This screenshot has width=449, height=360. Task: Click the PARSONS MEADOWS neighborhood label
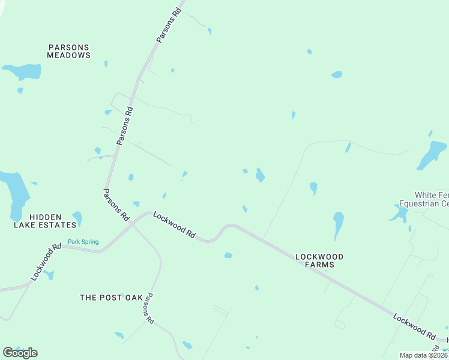coord(69,51)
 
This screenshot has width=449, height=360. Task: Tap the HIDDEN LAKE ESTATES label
coord(45,221)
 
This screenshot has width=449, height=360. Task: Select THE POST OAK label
coord(112,298)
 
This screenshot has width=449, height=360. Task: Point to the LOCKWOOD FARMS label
coord(319,260)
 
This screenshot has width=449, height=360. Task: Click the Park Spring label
coord(83,242)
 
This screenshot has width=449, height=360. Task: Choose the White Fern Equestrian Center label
coord(432,199)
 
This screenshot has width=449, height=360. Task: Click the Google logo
coord(20,353)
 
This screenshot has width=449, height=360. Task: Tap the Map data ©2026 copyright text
coord(424,355)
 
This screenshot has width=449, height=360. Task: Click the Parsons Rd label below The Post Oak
coord(149,308)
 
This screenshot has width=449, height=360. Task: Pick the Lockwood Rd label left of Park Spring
coord(46,262)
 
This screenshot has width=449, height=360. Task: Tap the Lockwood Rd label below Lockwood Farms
coord(414,325)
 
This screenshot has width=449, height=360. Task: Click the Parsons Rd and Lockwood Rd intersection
coord(130,223)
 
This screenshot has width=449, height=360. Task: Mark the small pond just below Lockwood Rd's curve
coord(228,255)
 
